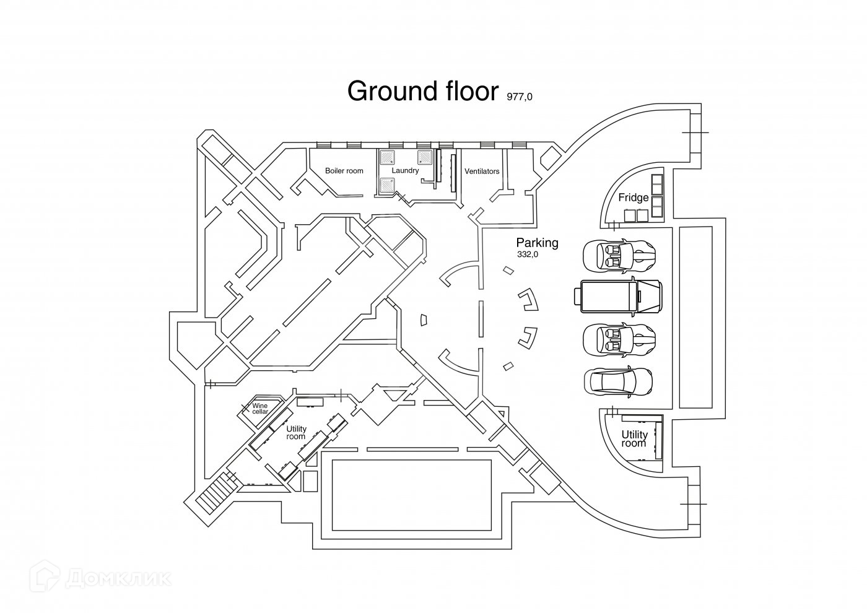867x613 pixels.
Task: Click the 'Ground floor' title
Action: point(422,90)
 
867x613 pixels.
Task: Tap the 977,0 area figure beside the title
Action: point(520,97)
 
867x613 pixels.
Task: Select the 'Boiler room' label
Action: point(344,171)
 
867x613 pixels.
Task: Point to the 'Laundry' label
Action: point(406,170)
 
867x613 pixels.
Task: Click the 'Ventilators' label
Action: point(482,172)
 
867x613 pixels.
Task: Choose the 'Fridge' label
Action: point(634,198)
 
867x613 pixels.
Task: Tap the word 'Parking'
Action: point(537,243)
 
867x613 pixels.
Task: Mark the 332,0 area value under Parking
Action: point(528,254)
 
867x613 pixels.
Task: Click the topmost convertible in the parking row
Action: point(618,254)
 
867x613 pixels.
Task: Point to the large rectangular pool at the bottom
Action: point(412,495)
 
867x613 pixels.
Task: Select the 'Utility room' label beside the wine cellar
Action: point(296,432)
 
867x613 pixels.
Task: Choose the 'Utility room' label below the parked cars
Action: point(634,439)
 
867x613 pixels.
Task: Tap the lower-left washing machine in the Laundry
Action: point(387,184)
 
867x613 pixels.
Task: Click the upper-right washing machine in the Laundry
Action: point(424,156)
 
